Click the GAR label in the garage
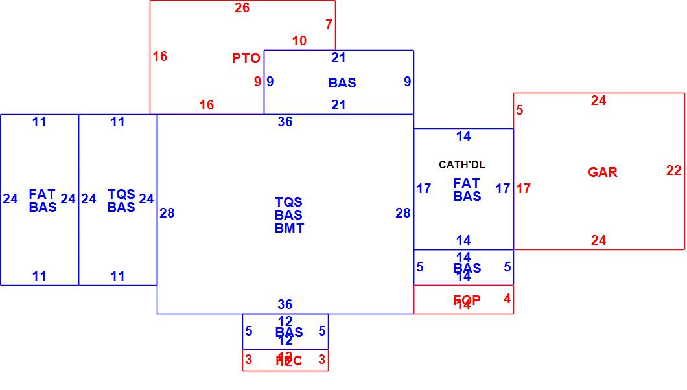click(x=602, y=172)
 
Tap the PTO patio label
click(x=246, y=58)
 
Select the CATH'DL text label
click(x=461, y=165)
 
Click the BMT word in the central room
click(x=289, y=228)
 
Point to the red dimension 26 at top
click(x=242, y=8)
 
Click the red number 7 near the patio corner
click(x=329, y=25)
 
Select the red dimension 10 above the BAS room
click(x=299, y=41)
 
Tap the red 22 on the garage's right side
click(x=673, y=170)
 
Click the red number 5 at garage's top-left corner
click(x=520, y=110)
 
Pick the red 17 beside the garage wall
click(x=524, y=189)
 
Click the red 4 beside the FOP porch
click(x=507, y=299)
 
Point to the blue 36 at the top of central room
click(x=285, y=122)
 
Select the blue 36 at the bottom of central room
click(x=285, y=304)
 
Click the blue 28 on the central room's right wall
click(x=403, y=213)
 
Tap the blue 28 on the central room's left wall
click(x=167, y=213)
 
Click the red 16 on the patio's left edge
click(x=160, y=56)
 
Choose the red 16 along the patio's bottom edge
click(x=207, y=105)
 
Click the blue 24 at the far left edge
click(x=10, y=199)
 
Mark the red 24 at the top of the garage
click(x=598, y=100)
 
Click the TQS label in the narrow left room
click(x=121, y=194)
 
